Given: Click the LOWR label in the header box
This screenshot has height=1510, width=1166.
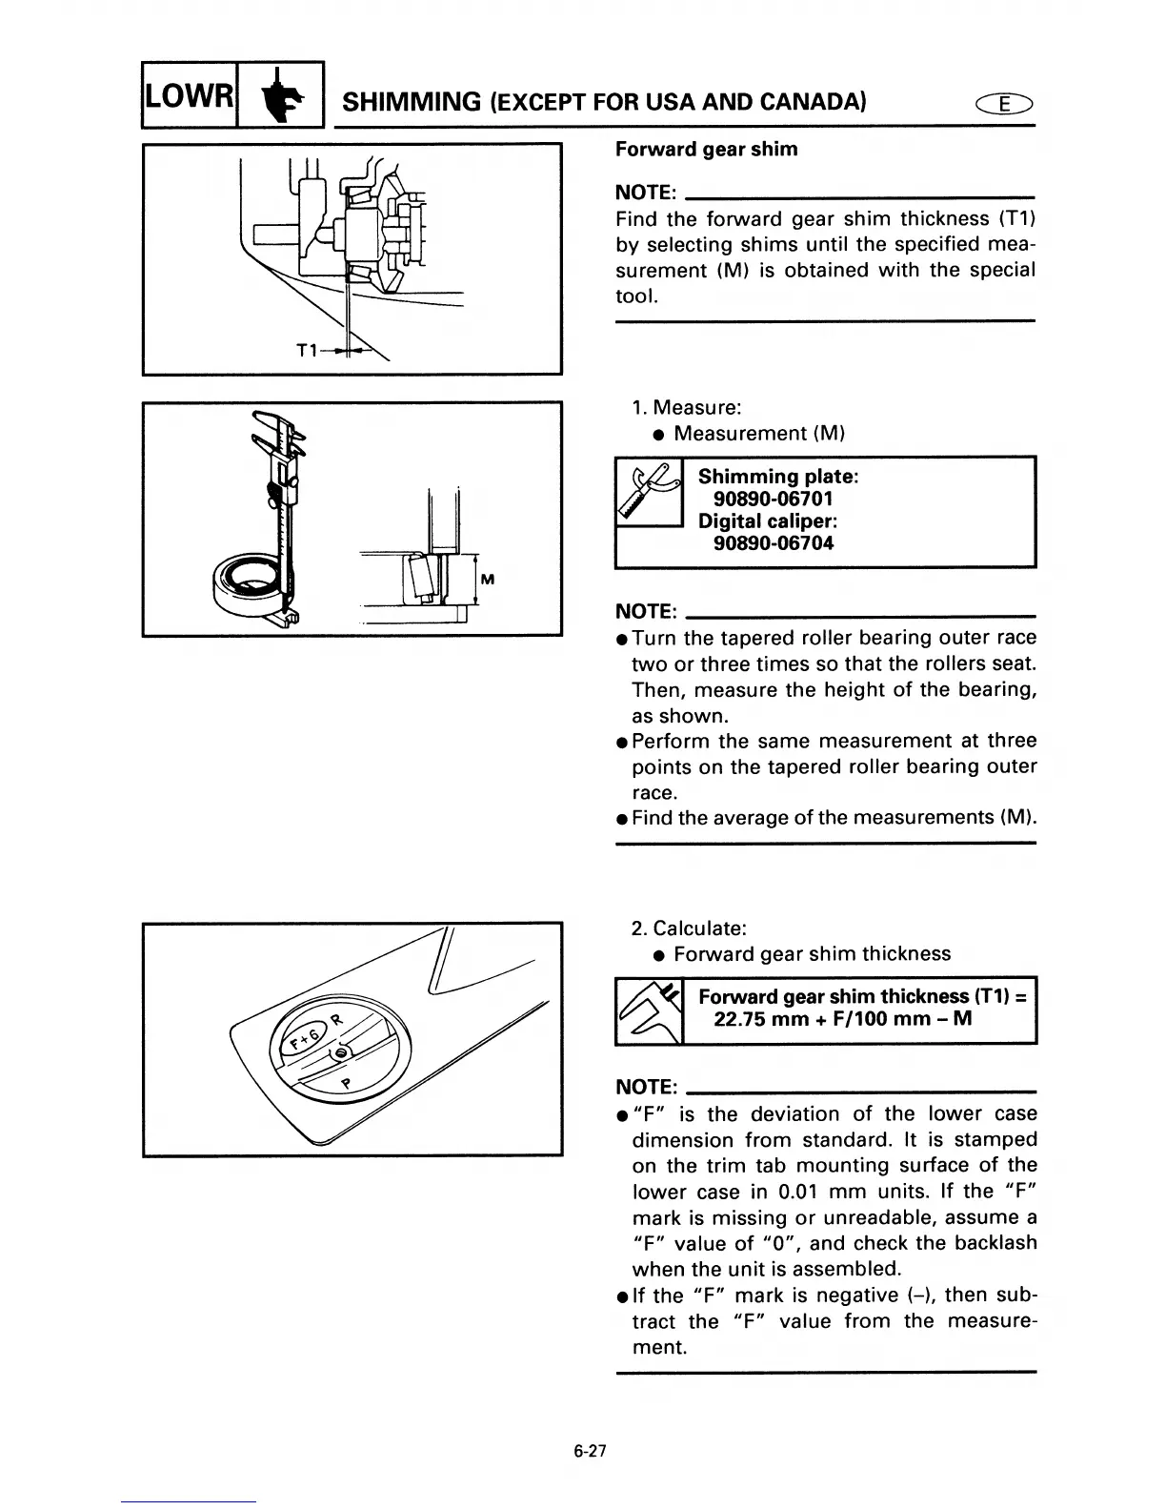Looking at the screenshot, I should (x=188, y=95).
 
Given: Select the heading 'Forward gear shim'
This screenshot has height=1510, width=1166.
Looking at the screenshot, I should (x=706, y=150).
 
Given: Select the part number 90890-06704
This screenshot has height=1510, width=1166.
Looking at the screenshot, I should (x=774, y=543).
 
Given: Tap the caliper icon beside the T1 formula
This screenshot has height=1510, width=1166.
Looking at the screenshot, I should (x=650, y=1010).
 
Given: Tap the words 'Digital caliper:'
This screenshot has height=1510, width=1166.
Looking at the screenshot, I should (x=767, y=521).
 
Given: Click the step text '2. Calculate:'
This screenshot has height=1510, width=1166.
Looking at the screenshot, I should (x=689, y=928).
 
